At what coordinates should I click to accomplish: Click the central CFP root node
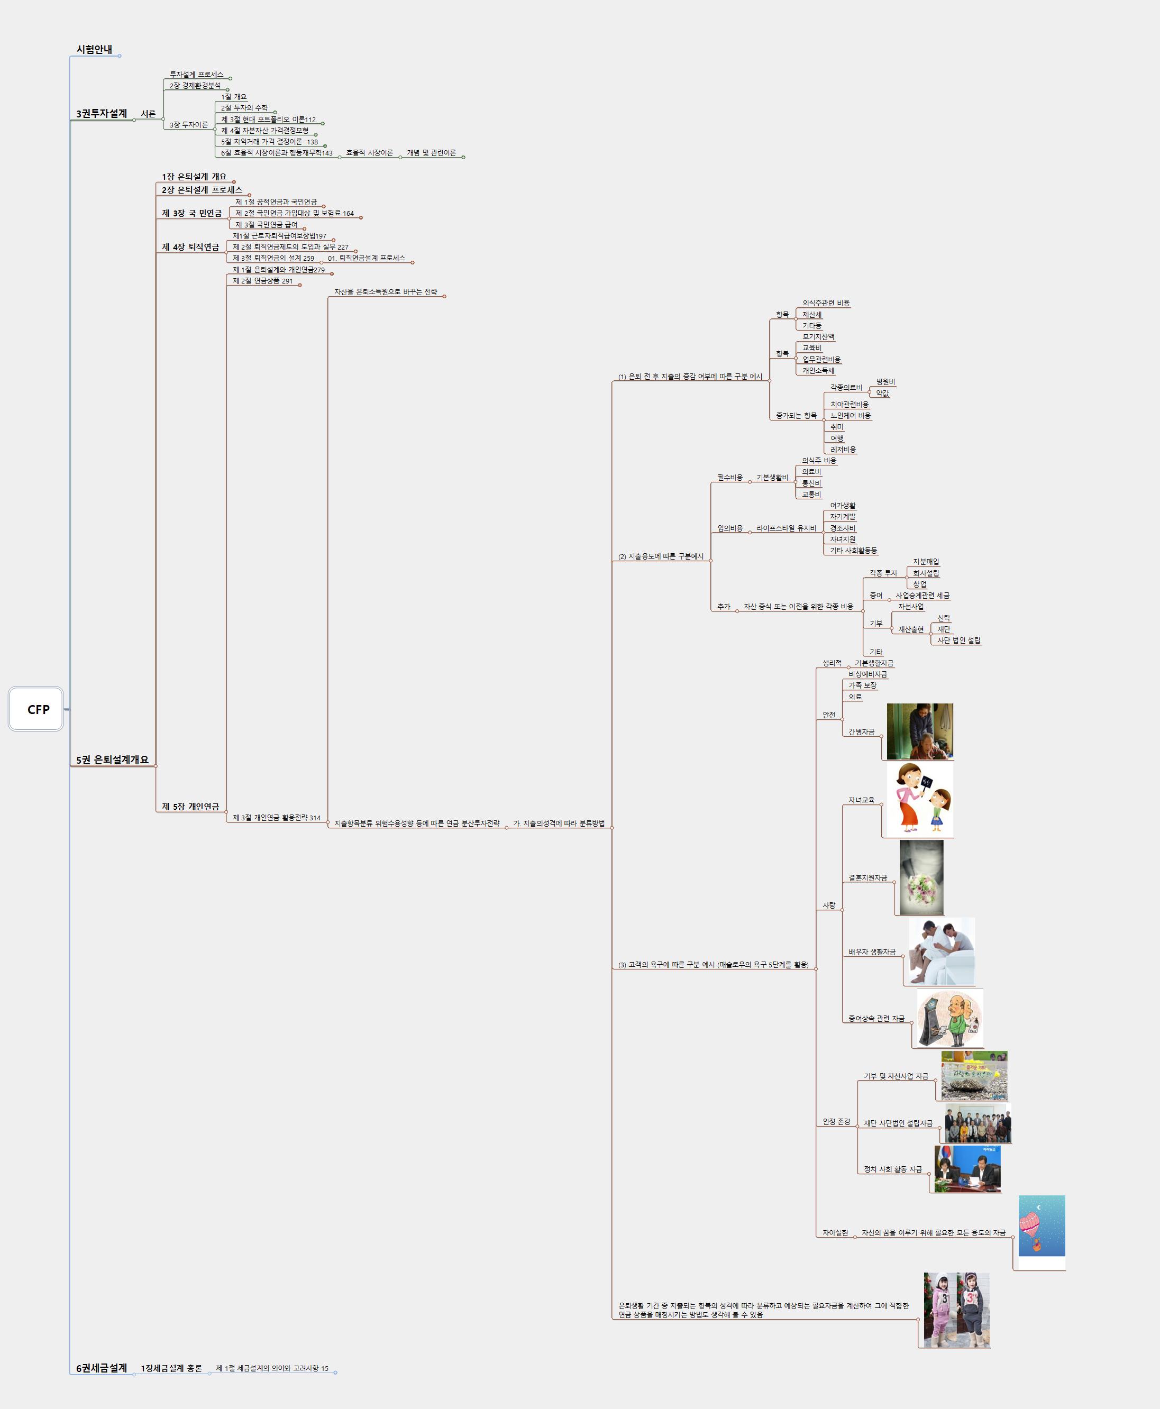click(36, 709)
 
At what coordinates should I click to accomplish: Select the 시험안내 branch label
click(94, 49)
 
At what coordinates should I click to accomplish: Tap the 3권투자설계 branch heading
click(102, 114)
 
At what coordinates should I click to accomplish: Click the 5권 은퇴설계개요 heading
click(112, 760)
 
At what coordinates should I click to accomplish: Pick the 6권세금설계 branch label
click(102, 1368)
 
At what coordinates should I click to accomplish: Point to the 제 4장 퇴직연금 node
click(190, 247)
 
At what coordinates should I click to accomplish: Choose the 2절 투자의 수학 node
click(244, 107)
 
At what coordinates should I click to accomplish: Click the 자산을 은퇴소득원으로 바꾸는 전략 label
click(386, 292)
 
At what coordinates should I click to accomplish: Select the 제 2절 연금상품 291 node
click(262, 281)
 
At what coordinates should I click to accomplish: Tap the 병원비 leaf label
click(885, 381)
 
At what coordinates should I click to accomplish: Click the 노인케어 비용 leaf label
click(850, 416)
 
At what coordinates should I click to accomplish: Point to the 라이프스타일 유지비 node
click(786, 528)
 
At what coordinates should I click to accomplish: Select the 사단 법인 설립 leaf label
click(958, 640)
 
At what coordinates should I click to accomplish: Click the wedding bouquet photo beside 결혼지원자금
click(921, 877)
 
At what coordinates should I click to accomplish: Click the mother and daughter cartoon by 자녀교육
click(919, 799)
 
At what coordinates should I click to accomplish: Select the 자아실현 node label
click(835, 1233)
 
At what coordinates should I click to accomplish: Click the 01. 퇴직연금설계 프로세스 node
click(366, 258)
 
